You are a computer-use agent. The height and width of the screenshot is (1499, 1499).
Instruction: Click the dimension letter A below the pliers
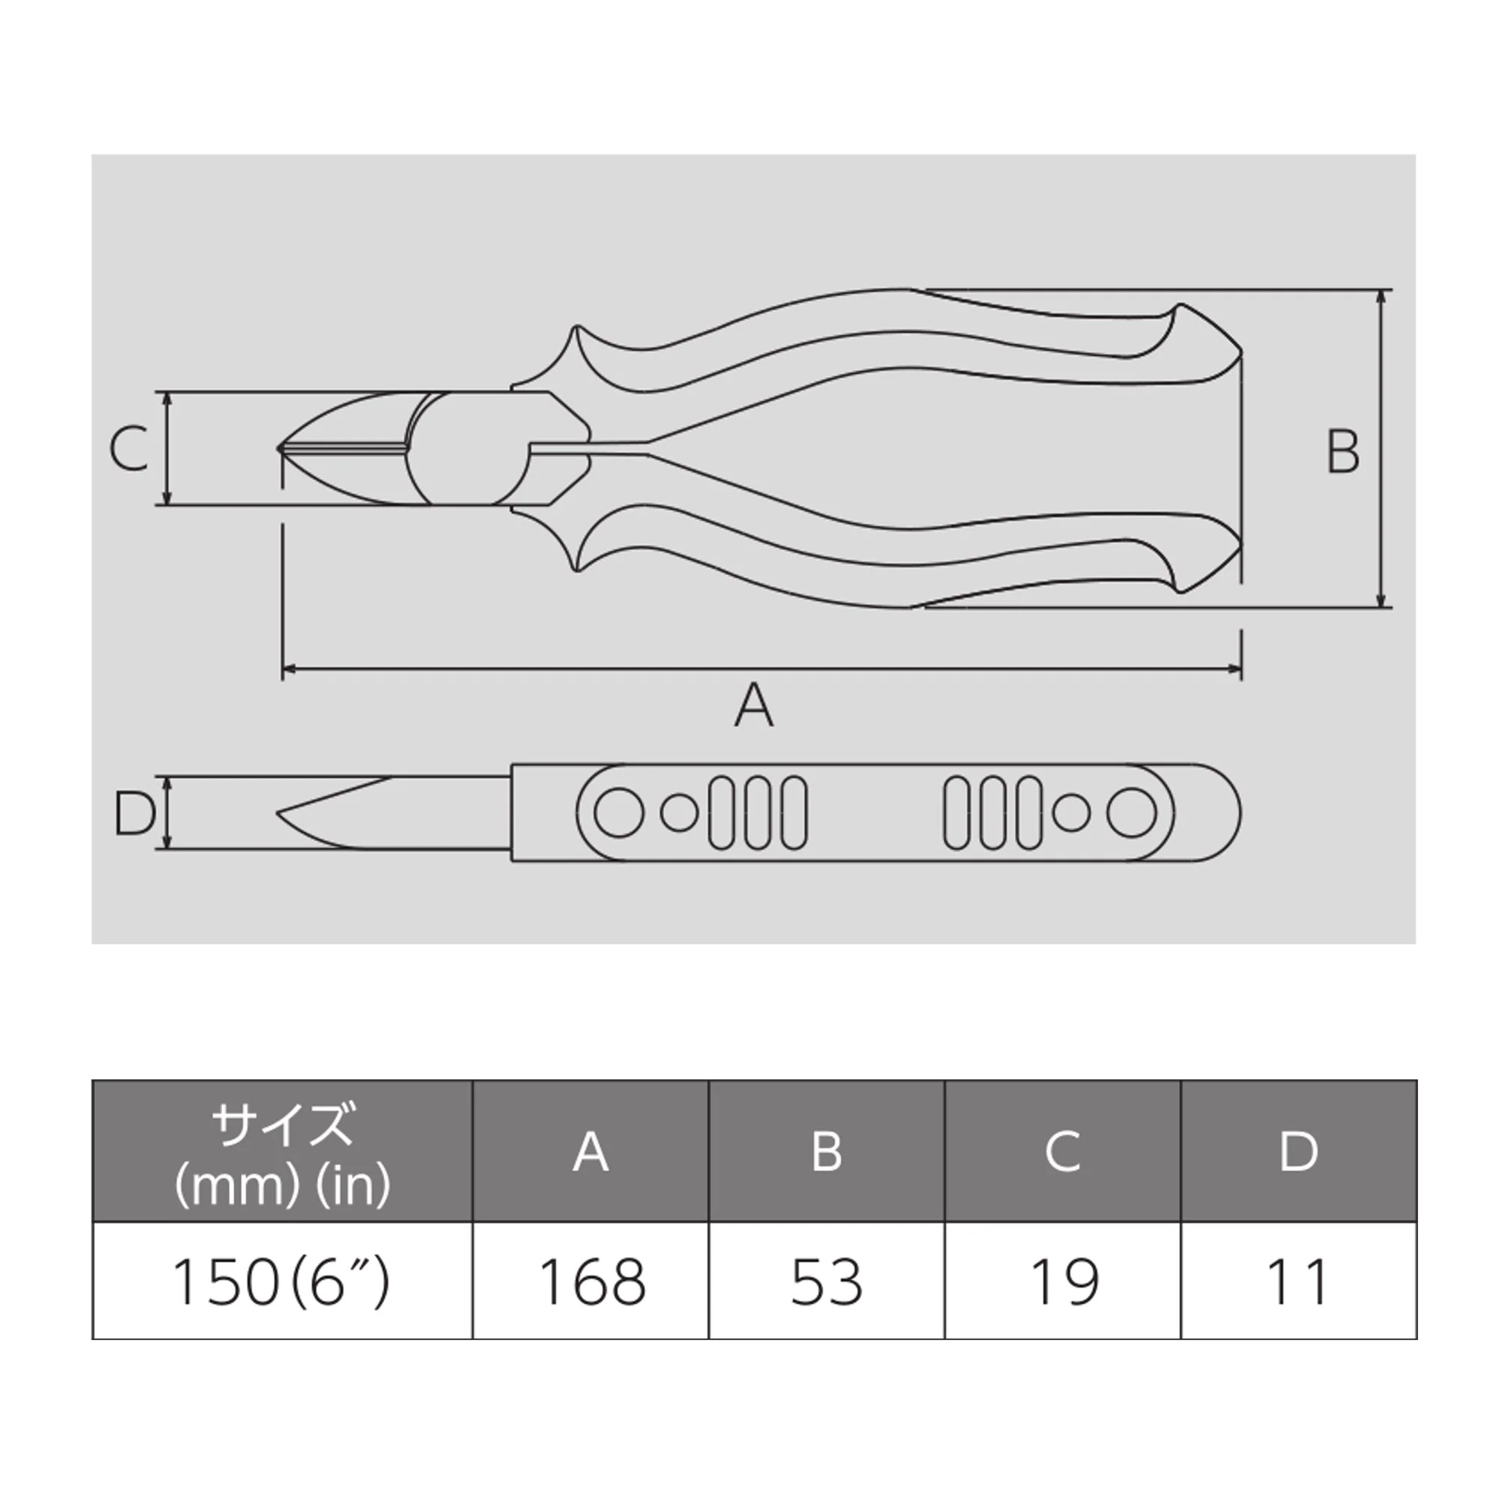click(753, 705)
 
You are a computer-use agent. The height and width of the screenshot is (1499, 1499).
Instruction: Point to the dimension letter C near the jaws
click(129, 448)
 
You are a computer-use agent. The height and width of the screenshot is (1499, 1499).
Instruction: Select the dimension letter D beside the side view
click(134, 814)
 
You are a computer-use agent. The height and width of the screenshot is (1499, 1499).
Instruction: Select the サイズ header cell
click(283, 1152)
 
